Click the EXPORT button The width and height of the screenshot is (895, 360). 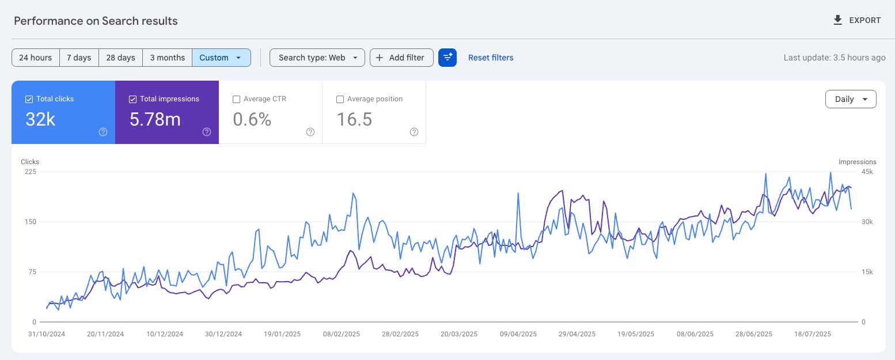[857, 21]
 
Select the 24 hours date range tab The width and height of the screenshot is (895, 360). [35, 58]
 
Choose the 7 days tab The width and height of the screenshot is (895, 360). [79, 58]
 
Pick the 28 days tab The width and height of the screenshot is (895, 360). [121, 58]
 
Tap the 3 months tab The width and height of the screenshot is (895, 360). [167, 58]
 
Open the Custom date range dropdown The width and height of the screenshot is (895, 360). [221, 58]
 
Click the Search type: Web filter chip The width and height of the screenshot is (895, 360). [317, 58]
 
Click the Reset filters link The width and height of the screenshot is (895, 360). [491, 58]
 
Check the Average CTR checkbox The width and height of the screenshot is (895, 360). [236, 99]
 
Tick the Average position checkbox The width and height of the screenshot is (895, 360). [340, 99]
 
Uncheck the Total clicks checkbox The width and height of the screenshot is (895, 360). [29, 99]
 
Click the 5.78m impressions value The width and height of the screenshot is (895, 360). [155, 119]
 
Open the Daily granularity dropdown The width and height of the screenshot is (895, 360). [851, 99]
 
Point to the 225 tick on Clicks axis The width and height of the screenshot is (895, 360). [29, 172]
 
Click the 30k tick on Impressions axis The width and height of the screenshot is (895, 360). [867, 222]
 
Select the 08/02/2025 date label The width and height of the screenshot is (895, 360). [342, 334]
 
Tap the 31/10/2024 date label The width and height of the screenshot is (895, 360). [47, 334]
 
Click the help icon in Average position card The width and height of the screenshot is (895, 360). [414, 132]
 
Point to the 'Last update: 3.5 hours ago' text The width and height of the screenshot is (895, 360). [834, 58]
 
